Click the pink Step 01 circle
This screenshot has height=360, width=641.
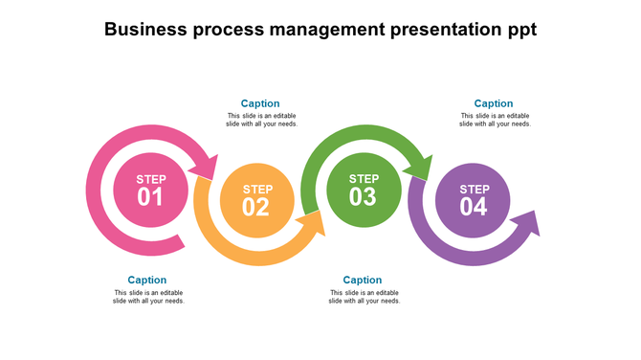click(150, 190)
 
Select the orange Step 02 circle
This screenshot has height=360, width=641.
click(256, 201)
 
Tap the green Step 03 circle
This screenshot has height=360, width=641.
click(364, 190)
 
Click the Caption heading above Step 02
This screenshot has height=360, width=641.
click(260, 103)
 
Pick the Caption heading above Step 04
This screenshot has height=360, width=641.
click(494, 103)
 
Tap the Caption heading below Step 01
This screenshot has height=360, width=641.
click(147, 281)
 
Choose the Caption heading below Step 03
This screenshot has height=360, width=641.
click(363, 281)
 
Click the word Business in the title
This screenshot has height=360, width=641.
click(145, 30)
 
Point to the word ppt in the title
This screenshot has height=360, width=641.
click(519, 31)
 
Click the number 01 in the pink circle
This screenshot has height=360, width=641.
click(150, 197)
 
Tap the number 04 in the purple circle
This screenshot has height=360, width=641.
click(474, 207)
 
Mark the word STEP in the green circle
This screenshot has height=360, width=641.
click(364, 178)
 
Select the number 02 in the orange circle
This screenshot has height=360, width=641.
click(256, 207)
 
